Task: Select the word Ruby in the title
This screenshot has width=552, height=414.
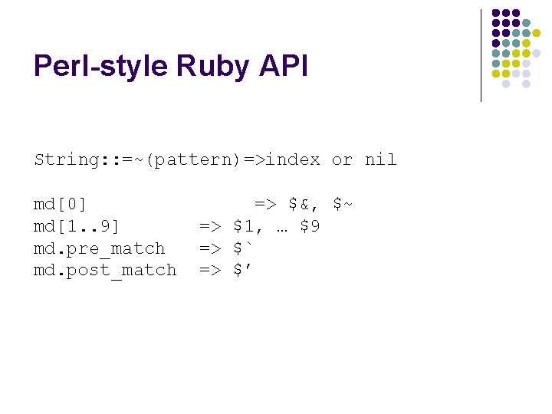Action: (213, 67)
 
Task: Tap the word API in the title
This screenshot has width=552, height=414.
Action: (283, 67)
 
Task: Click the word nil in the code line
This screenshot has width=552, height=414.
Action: (380, 159)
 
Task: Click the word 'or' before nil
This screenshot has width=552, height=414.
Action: (342, 159)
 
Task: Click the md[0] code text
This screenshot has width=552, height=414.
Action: (61, 204)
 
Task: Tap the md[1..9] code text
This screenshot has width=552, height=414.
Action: (77, 226)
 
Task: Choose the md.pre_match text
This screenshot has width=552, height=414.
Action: (100, 248)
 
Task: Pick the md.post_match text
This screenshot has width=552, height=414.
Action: (105, 270)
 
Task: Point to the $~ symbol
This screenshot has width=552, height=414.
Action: (342, 204)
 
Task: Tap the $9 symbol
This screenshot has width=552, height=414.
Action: (310, 226)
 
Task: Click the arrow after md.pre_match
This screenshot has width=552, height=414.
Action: (210, 248)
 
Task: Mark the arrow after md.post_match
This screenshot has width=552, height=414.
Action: (210, 270)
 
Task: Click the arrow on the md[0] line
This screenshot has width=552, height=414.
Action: (265, 204)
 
